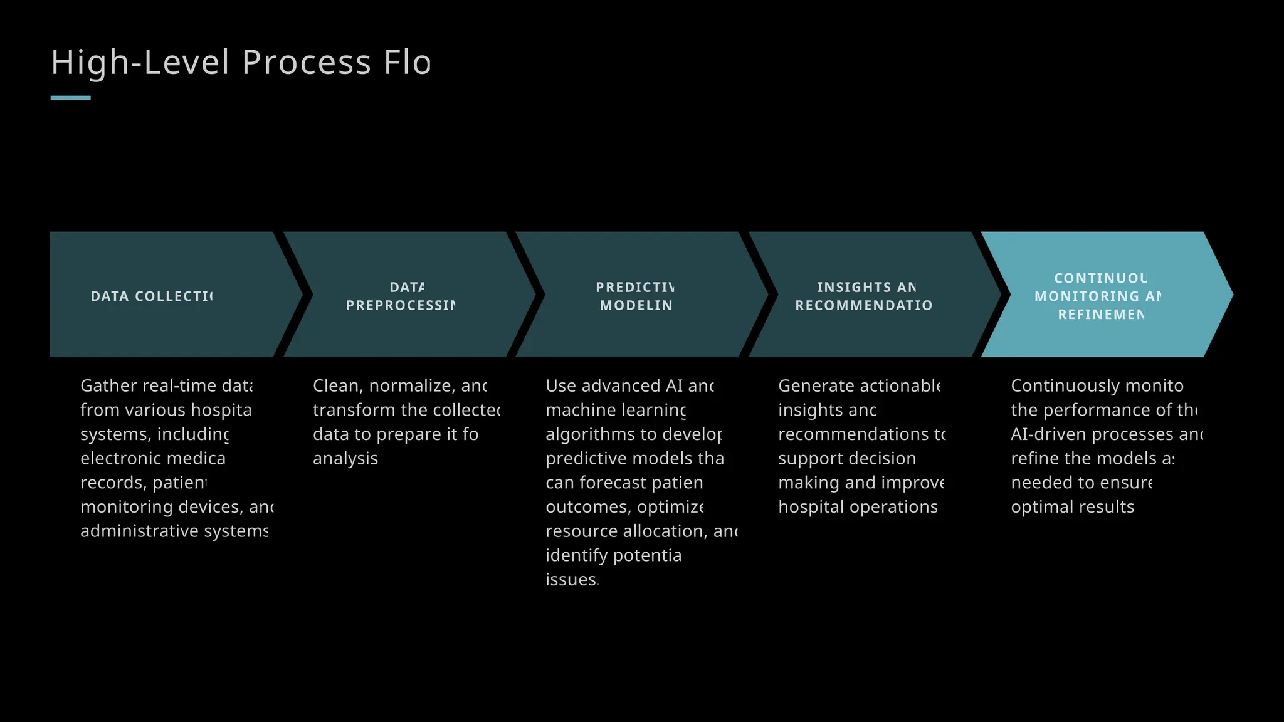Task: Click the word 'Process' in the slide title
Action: (x=307, y=63)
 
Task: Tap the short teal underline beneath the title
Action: (x=70, y=98)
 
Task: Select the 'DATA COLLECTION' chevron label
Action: (x=152, y=296)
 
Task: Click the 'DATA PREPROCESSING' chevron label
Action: (x=401, y=296)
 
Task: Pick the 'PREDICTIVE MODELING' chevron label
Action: (x=636, y=296)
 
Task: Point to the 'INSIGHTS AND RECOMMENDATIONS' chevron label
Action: (x=864, y=296)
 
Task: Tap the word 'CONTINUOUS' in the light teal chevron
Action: (x=1100, y=278)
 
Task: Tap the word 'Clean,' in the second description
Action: (x=338, y=386)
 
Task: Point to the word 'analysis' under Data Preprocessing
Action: (x=345, y=459)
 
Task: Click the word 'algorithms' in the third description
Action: (x=583, y=434)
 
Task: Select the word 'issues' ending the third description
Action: (x=571, y=580)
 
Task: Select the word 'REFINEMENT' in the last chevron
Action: (x=1101, y=315)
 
